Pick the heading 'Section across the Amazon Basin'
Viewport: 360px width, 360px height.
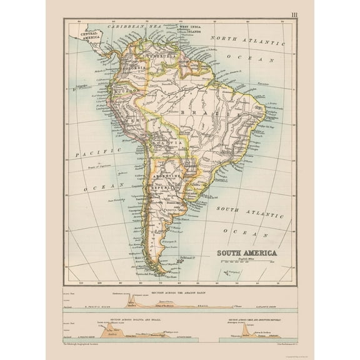(181, 292)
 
